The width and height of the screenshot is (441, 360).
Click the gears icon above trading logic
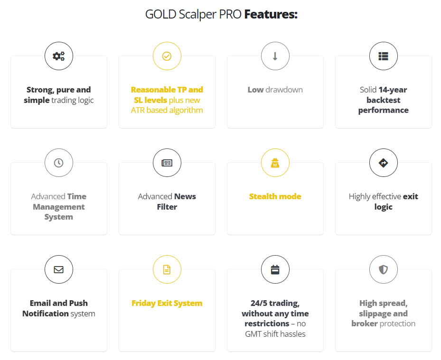tap(59, 56)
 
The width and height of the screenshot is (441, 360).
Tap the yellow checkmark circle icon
tap(167, 56)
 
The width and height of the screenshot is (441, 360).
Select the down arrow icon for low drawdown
tap(275, 56)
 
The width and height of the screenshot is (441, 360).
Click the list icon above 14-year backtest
tap(383, 56)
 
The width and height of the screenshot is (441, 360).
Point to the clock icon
tap(59, 163)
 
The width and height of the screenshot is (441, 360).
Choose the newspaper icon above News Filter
tap(167, 163)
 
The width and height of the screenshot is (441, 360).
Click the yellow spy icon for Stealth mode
tap(275, 163)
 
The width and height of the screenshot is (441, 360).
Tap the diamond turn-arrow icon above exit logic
tap(383, 163)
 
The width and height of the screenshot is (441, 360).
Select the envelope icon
tap(59, 269)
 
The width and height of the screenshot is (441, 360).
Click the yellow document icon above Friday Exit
tap(167, 269)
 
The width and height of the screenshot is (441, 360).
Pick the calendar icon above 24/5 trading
tap(275, 269)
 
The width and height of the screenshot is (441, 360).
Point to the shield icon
tap(383, 269)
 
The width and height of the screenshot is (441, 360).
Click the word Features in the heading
tap(271, 14)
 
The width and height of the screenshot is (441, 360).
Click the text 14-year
tap(393, 90)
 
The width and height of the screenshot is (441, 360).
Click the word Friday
tap(144, 303)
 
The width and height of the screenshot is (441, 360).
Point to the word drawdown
tap(284, 90)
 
